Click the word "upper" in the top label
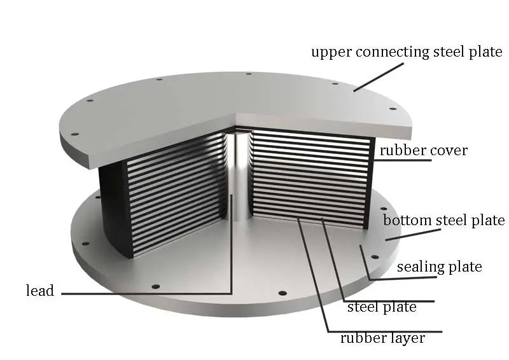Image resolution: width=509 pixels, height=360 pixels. coord(331,53)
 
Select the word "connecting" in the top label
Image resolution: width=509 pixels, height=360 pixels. coord(393,52)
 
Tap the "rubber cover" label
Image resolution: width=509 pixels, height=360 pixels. coord(424,150)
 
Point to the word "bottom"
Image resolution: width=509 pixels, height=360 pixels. coord(407,220)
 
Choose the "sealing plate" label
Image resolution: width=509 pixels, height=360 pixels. coord(439,267)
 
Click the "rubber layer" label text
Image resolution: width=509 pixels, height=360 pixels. coord(382,338)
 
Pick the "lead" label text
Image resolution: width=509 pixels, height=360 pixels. coord(40,290)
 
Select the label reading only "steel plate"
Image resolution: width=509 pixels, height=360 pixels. coord(382,307)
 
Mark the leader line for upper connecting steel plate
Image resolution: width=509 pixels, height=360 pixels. coord(379,77)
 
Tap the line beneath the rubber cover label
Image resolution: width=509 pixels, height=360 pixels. coord(403,160)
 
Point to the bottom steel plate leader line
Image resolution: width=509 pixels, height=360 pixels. coord(413,235)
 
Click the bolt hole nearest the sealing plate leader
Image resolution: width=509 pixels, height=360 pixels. coord(374,257)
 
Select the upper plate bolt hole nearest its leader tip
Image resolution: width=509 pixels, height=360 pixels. coord(335,83)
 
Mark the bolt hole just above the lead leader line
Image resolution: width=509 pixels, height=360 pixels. coord(156,287)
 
